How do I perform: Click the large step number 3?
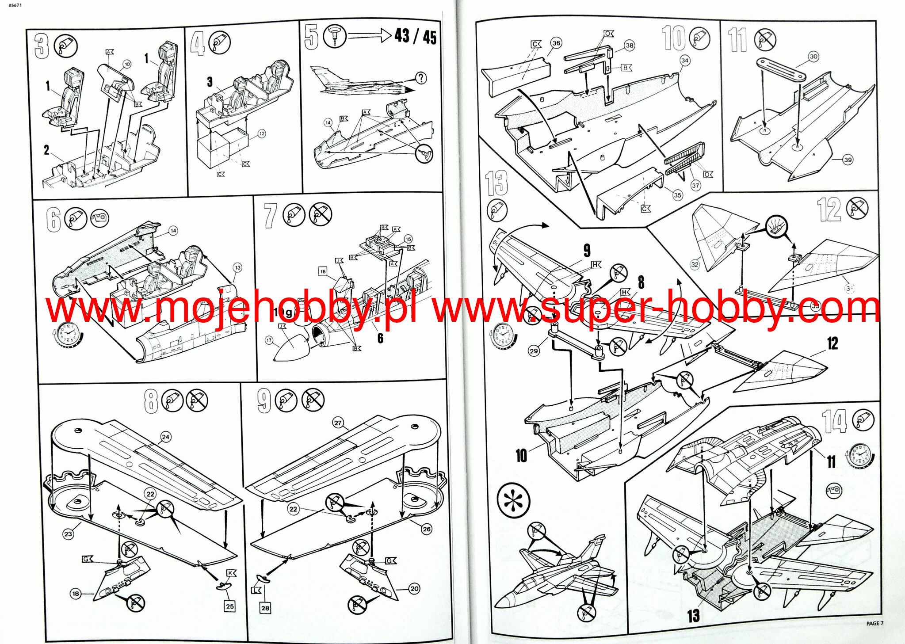(x=42, y=46)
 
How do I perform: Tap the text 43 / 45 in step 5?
(x=415, y=36)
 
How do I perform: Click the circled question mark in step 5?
(x=421, y=78)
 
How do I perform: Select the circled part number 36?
(x=556, y=43)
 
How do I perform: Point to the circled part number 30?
(x=813, y=56)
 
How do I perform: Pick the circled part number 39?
(x=848, y=160)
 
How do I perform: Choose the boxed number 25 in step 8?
(x=230, y=606)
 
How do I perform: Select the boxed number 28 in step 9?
(x=265, y=608)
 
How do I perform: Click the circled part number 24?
(x=165, y=437)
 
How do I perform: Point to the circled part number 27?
(x=338, y=423)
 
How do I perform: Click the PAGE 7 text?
(x=874, y=623)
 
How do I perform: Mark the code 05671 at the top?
(x=15, y=5)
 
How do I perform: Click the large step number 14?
(x=834, y=421)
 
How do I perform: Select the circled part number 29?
(x=534, y=351)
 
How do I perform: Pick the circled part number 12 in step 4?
(x=262, y=133)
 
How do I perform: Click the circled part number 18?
(x=76, y=594)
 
